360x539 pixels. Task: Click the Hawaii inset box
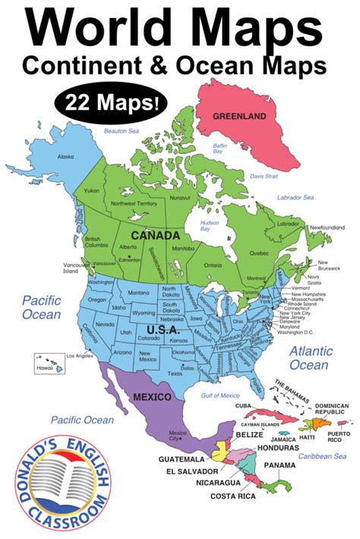[x=48, y=362]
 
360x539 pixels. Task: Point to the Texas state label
[x=175, y=374]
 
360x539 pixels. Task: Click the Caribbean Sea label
[x=322, y=456]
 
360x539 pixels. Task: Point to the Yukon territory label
[x=92, y=191]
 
